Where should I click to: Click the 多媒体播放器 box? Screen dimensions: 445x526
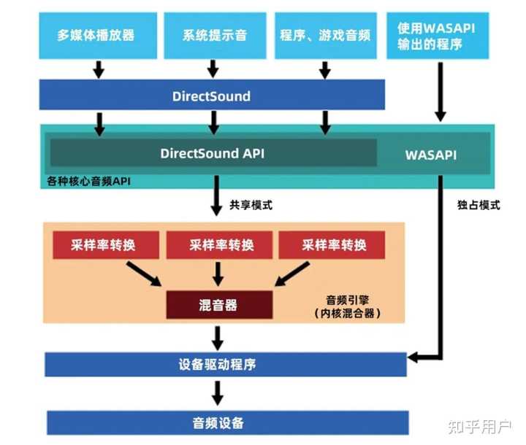click(96, 34)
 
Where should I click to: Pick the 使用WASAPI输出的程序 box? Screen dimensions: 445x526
click(440, 34)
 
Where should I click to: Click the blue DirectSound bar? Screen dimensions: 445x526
click(212, 96)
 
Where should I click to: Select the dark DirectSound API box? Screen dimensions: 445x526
click(213, 154)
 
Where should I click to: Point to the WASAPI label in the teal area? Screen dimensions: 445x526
click(431, 155)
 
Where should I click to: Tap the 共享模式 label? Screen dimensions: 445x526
click(251, 205)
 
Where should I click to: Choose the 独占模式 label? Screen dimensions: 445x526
click(479, 205)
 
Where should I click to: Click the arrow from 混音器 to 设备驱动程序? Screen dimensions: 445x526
click(217, 337)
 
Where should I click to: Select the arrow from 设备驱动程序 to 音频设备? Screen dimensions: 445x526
click(217, 394)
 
